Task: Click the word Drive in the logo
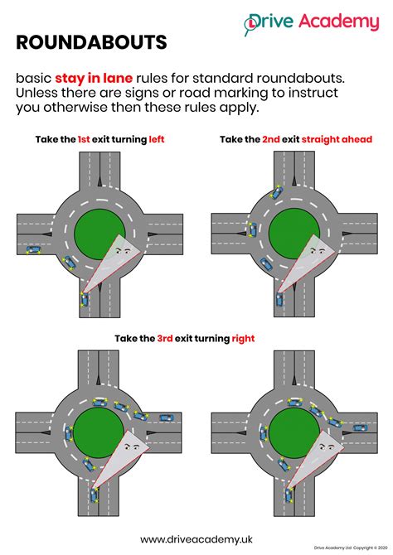pos(278,22)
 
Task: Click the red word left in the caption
pos(157,139)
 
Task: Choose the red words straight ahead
pos(337,139)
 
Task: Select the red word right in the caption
pos(244,338)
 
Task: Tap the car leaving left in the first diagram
pos(32,249)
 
